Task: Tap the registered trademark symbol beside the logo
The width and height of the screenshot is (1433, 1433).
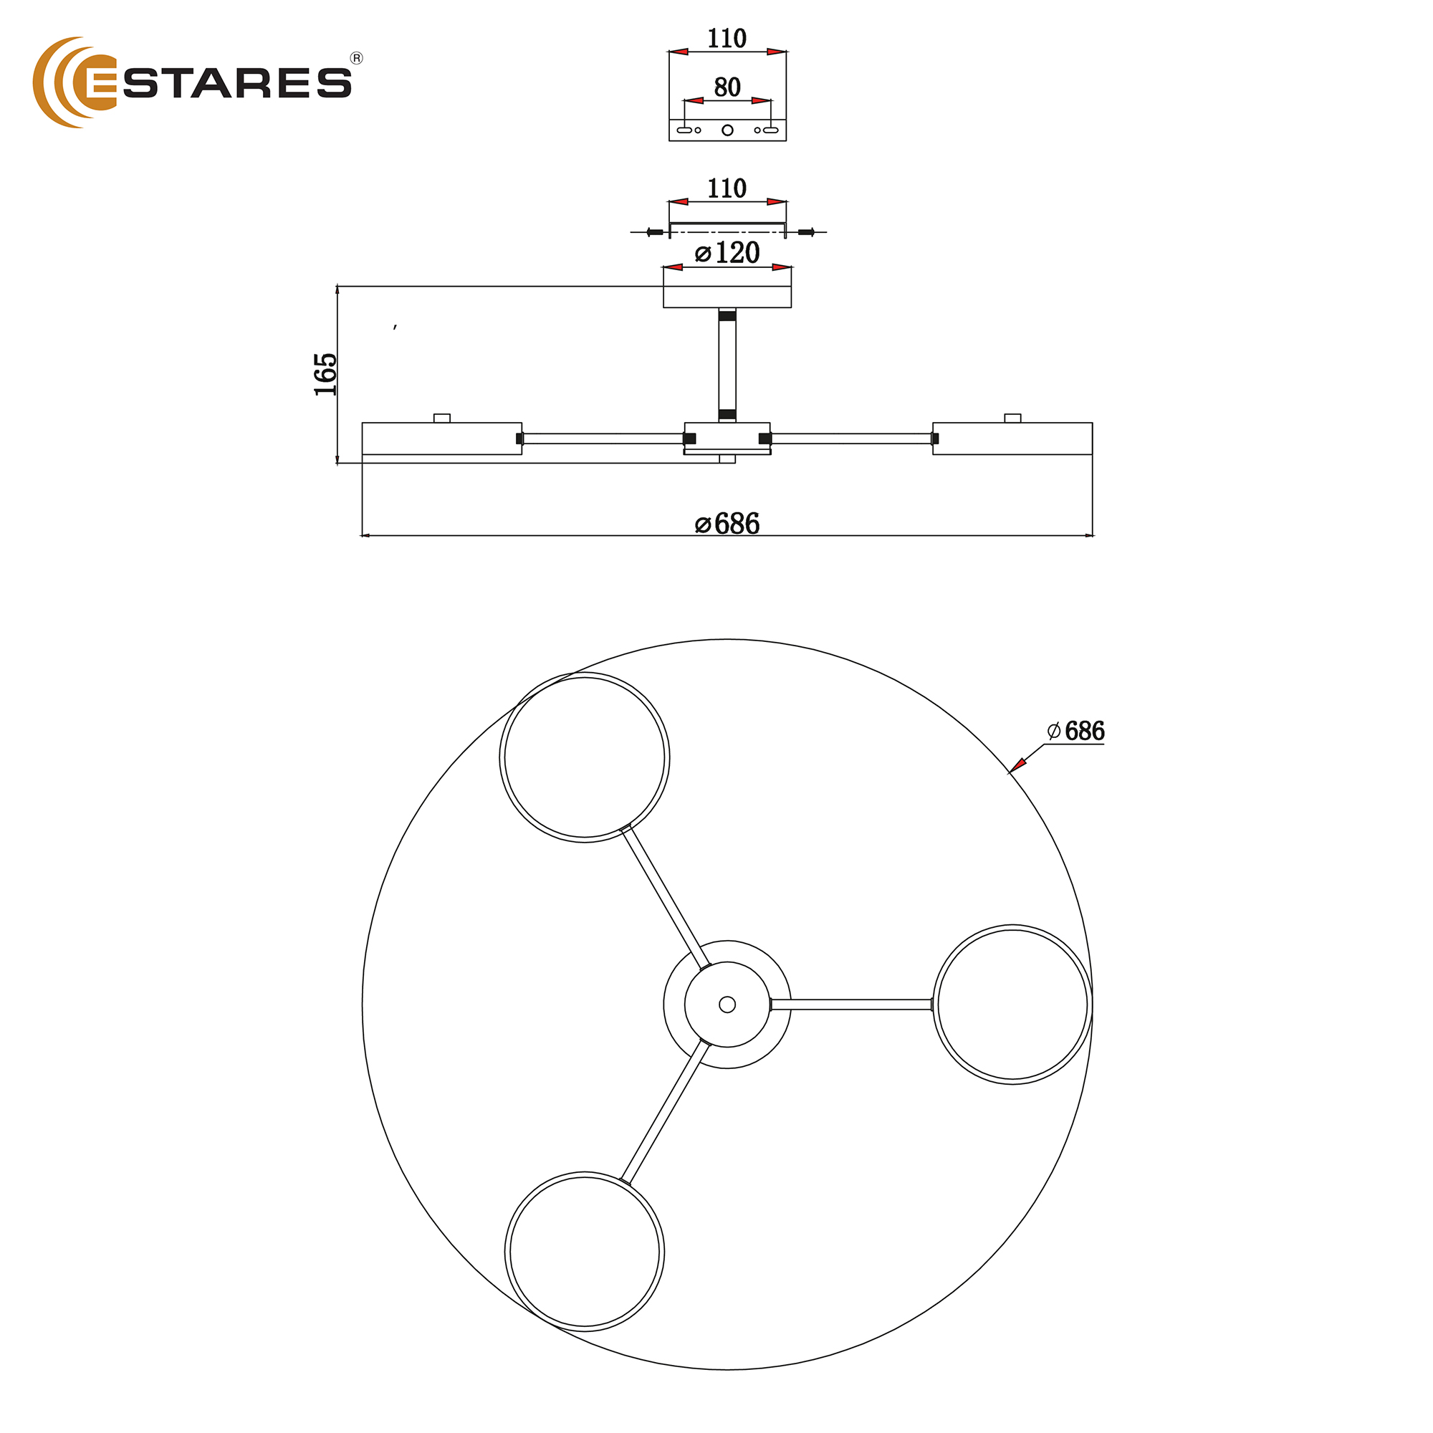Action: [357, 59]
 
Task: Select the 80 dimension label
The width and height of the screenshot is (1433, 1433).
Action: [727, 87]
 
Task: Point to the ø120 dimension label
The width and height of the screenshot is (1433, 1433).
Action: [727, 253]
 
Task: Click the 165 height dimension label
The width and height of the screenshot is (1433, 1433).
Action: [325, 375]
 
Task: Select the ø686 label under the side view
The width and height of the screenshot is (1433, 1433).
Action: [727, 524]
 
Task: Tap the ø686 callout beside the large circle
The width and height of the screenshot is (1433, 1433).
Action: [1075, 732]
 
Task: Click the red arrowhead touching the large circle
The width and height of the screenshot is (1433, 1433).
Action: [1017, 765]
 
